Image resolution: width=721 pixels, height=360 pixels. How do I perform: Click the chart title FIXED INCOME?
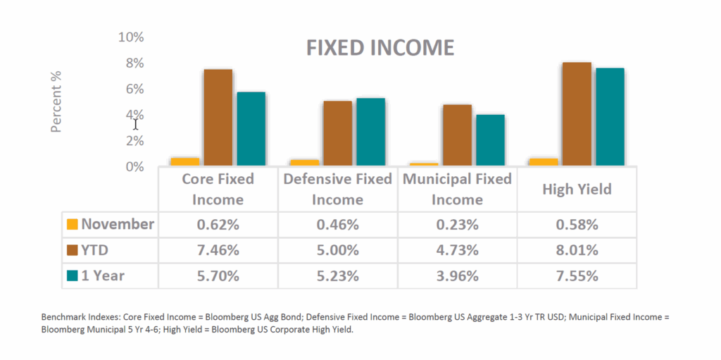[380, 48]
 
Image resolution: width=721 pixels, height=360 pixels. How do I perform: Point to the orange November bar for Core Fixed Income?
[184, 162]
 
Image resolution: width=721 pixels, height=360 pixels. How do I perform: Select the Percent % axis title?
[57, 101]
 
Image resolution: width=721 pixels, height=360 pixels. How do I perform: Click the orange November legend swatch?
[72, 225]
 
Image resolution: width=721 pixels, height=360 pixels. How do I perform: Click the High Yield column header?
[577, 189]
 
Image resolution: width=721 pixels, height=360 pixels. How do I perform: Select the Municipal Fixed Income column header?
[457, 189]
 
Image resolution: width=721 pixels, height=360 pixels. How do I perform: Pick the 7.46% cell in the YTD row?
[218, 250]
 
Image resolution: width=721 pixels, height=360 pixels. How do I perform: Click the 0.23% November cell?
[457, 225]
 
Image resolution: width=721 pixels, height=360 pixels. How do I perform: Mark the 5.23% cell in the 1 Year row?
[337, 275]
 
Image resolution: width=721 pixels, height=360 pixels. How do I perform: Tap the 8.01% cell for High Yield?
[577, 250]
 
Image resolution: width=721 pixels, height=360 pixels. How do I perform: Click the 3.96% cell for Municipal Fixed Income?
[457, 275]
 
